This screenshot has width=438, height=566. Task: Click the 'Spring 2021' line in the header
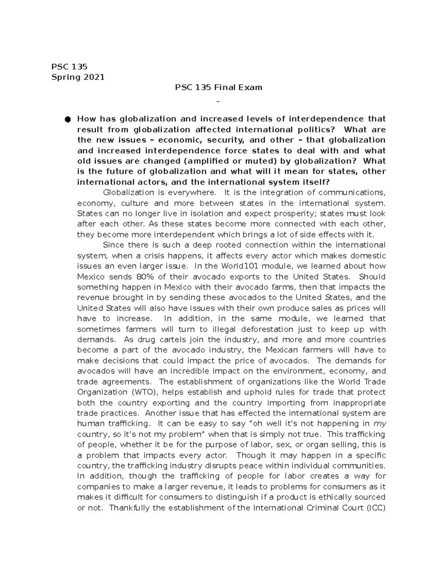tap(78, 77)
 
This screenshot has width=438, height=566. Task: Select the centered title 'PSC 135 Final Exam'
tap(218, 87)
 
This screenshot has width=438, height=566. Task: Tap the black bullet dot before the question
tap(67, 119)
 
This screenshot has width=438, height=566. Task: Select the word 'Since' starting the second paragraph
tap(114, 245)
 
